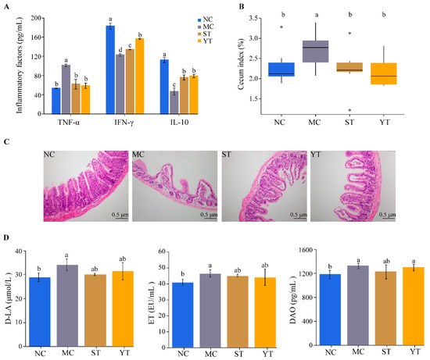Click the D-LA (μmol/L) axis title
point(9,293)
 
